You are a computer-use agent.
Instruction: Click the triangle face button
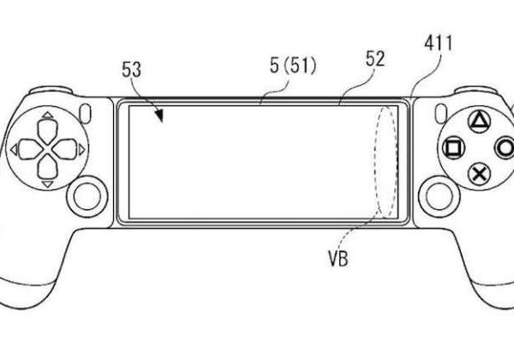point(480,122)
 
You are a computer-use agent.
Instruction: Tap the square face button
point(454,148)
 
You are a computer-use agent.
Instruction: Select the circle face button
point(505,147)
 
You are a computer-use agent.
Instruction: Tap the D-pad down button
point(48,167)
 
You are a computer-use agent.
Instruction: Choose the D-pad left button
point(30,149)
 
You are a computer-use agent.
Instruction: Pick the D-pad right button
point(65,149)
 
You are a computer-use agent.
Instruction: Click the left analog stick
point(87,196)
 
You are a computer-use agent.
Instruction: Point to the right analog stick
point(439,196)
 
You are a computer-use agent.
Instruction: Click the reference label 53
point(131,69)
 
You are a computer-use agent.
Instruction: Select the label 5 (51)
point(293,65)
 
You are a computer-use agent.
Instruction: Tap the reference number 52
point(374,59)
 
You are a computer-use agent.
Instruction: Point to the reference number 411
point(439,43)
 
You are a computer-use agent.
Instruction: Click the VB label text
point(338,258)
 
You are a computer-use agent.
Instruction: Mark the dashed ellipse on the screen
point(374,162)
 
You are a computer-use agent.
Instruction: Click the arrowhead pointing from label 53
point(159,116)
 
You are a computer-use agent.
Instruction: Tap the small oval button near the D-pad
point(85,113)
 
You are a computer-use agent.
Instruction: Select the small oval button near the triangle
point(441,113)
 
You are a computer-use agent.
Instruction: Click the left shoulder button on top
point(51,90)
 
